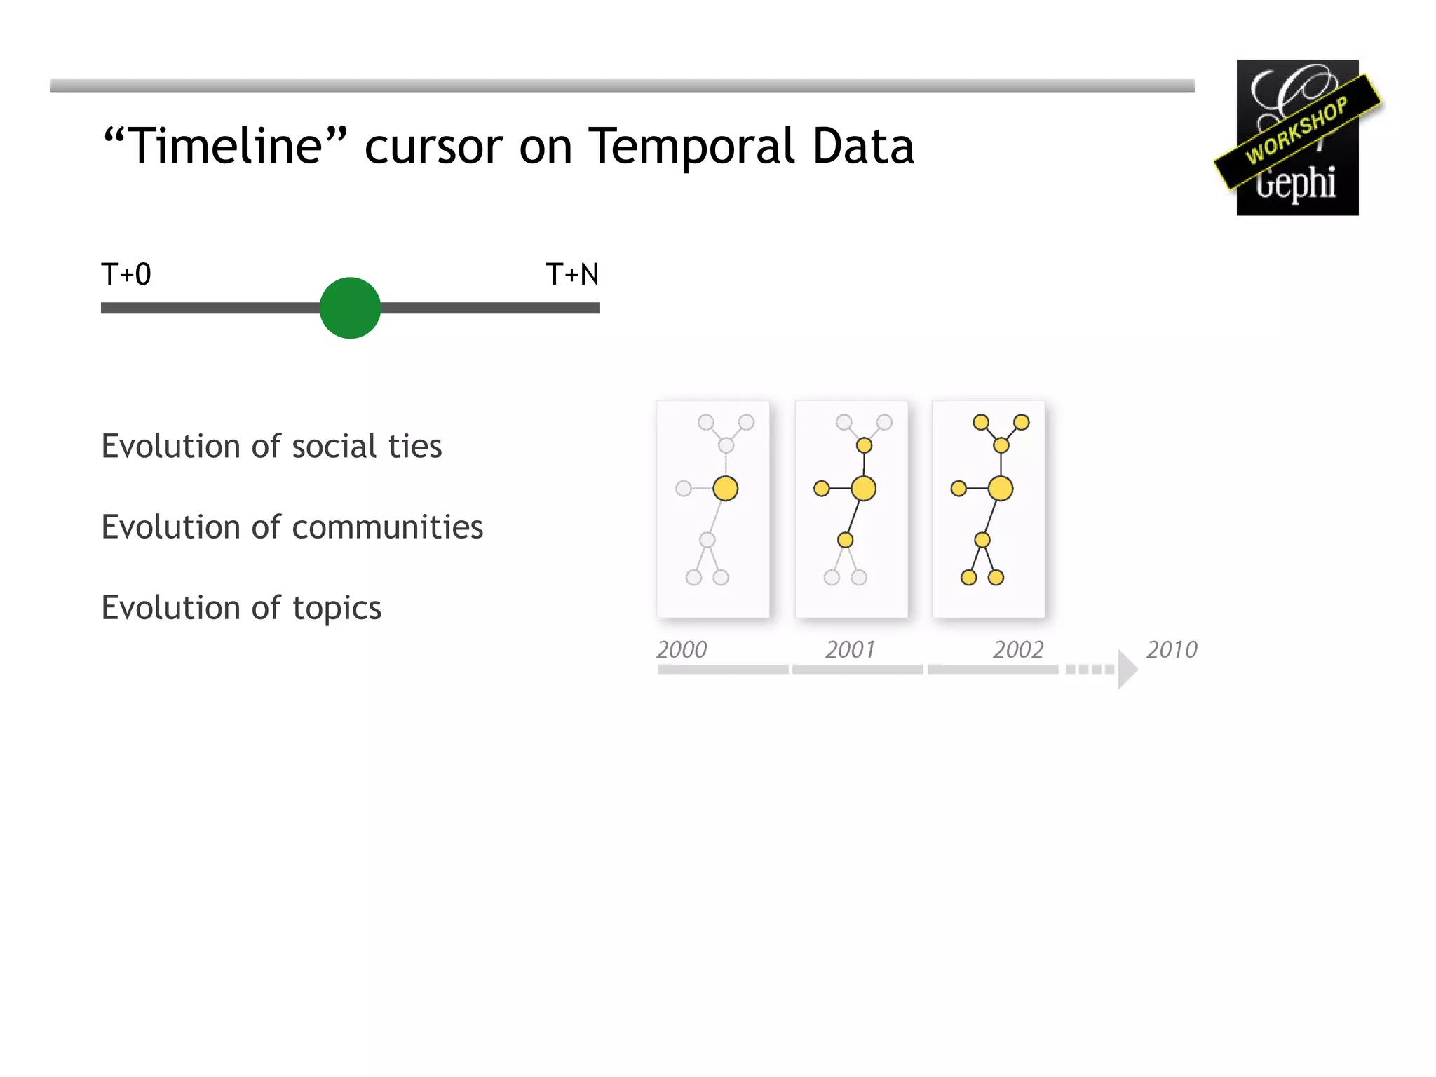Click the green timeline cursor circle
350,308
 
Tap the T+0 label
126,274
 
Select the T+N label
572,274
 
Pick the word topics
337,608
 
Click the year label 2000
682,649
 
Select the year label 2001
850,649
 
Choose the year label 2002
1018,649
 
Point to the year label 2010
1172,649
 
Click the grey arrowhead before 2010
1126,670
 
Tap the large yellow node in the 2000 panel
726,489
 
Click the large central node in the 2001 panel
864,489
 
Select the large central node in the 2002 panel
1001,489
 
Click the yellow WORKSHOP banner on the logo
1297,131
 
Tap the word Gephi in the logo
1296,184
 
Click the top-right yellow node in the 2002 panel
1022,422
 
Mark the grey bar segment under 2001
858,670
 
